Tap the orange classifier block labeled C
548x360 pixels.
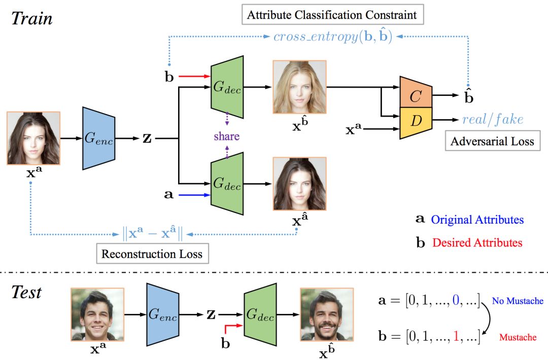coord(416,94)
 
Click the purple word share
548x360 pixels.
coord(226,136)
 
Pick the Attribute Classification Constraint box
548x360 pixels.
coord(332,15)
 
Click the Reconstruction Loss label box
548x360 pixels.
coord(152,254)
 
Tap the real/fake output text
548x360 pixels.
coord(492,119)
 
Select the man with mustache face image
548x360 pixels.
coord(327,314)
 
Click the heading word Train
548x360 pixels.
coord(31,19)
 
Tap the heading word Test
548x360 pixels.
coord(26,293)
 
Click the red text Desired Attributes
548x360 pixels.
coord(477,242)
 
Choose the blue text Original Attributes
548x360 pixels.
coord(477,220)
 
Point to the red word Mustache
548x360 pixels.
coord(518,337)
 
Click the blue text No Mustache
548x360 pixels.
coord(518,301)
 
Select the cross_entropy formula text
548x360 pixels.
coord(332,37)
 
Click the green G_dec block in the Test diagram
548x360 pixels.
coord(260,314)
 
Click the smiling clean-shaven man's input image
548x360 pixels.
coord(97,314)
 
